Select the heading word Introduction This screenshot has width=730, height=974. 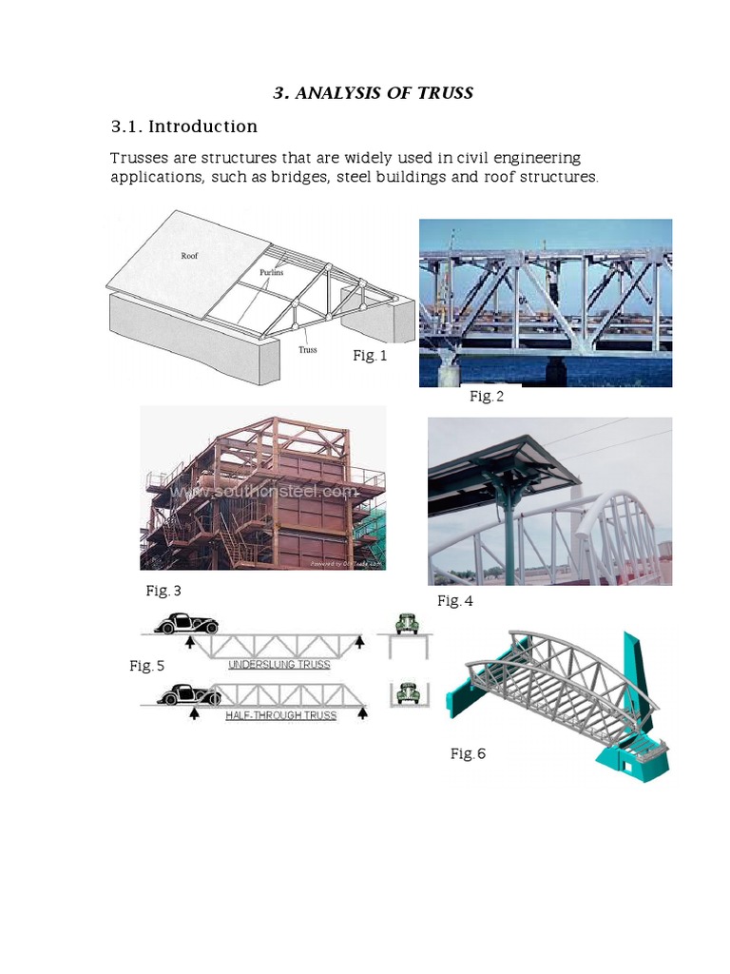point(202,127)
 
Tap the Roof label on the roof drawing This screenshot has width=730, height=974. point(190,256)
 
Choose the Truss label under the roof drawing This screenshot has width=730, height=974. point(308,349)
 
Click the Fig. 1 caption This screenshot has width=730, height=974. point(371,355)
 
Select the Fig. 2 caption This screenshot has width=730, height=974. point(487,397)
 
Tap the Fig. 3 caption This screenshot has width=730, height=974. point(163,591)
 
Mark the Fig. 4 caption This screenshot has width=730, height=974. point(454,600)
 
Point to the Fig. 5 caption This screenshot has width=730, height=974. point(147,666)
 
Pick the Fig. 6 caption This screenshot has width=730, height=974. point(468,753)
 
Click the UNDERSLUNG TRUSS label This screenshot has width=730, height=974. point(279,664)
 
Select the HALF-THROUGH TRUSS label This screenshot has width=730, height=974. point(280,715)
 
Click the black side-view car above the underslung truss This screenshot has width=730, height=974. point(186,624)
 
